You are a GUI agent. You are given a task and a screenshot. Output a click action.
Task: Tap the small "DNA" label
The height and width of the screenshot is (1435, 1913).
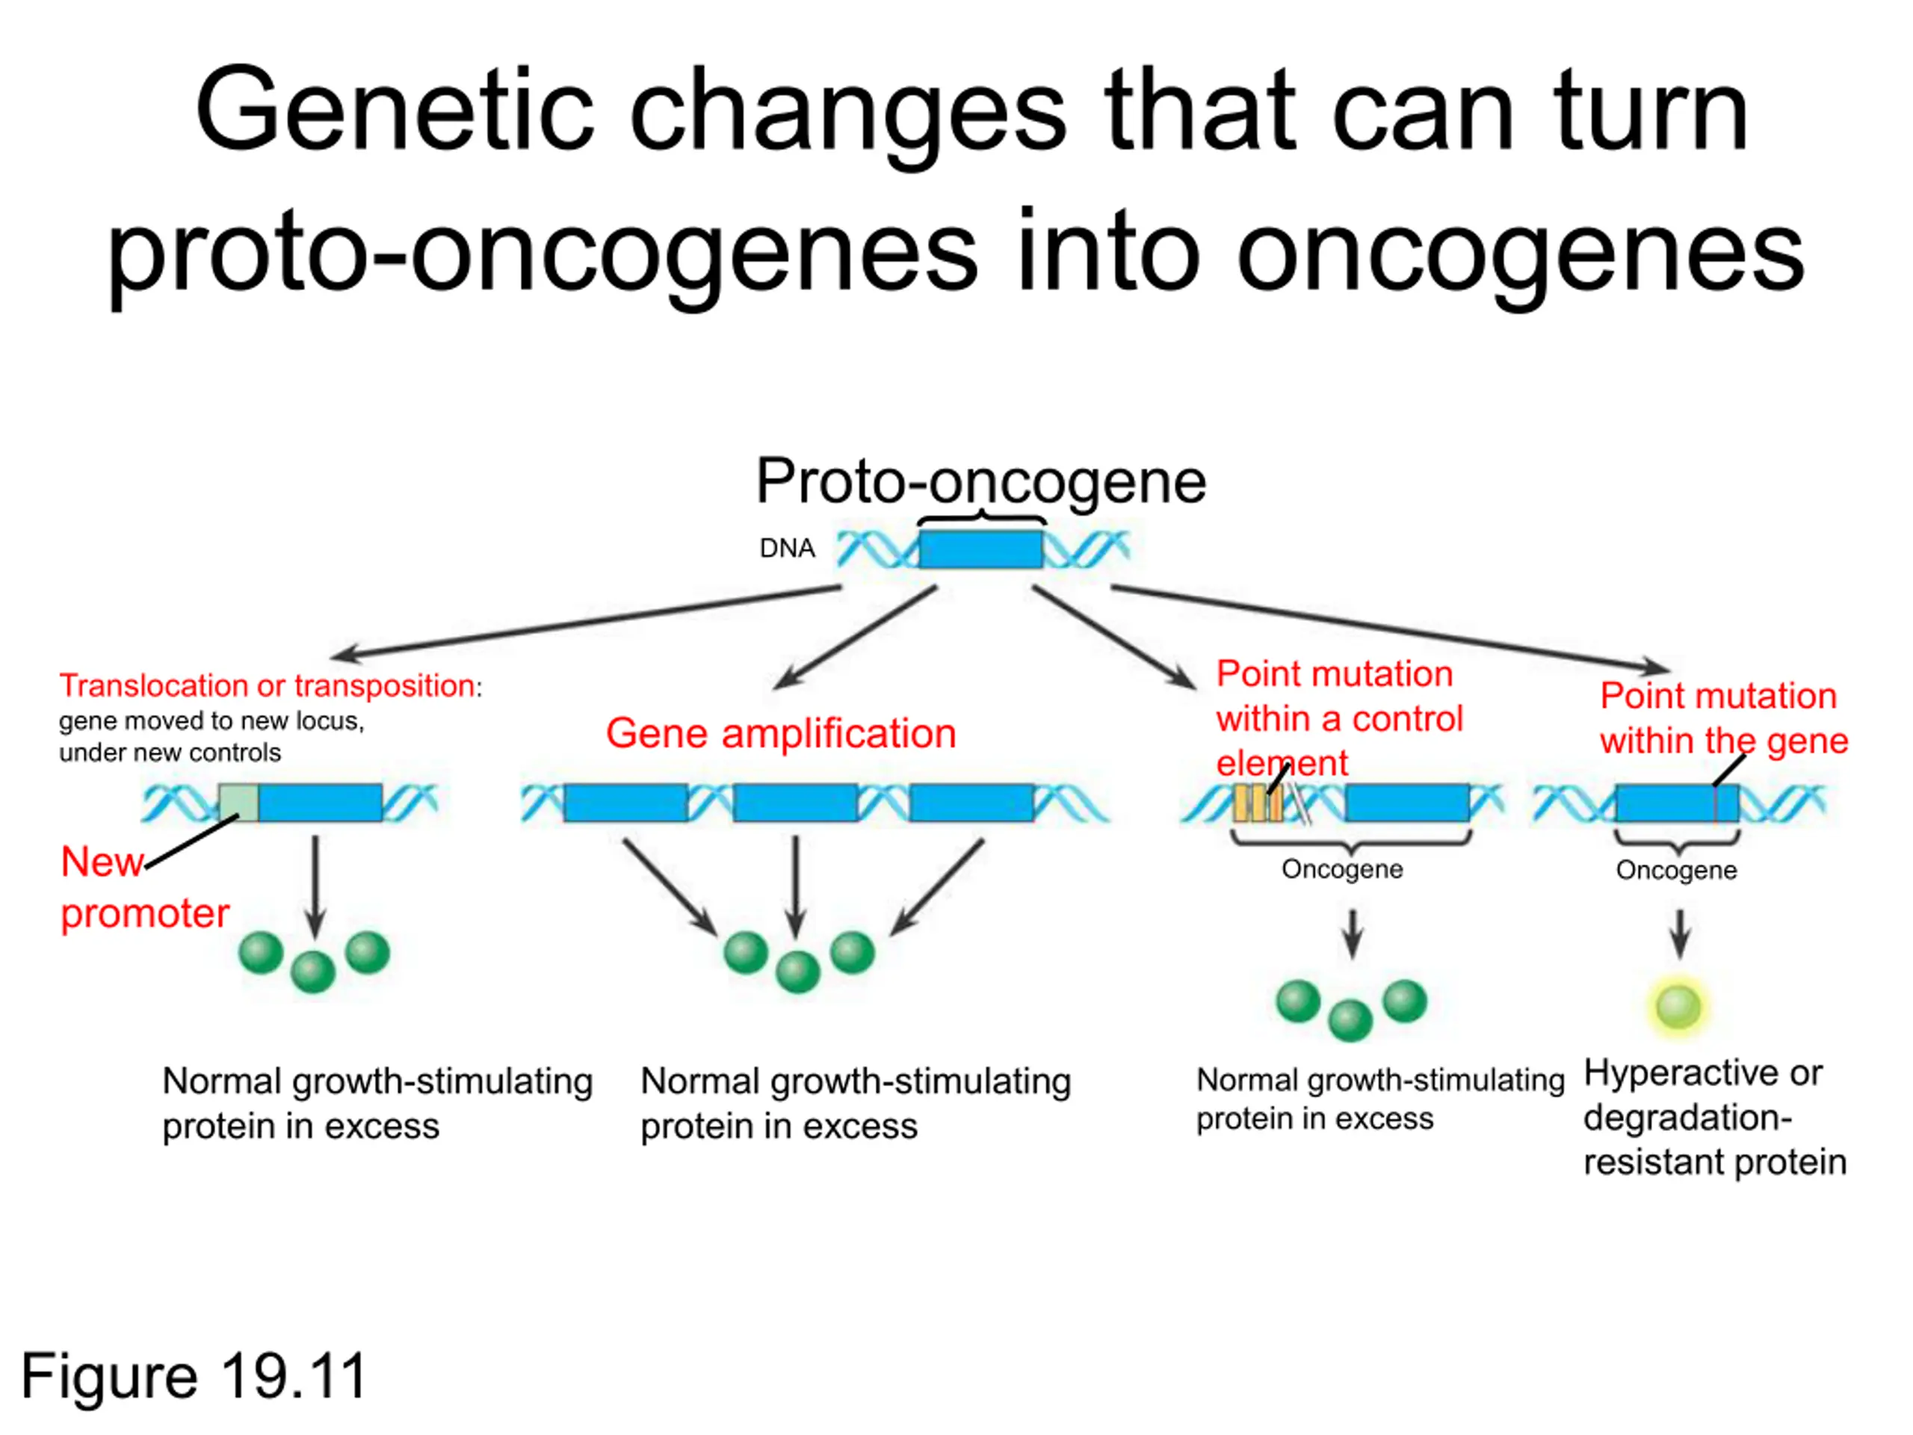(x=787, y=548)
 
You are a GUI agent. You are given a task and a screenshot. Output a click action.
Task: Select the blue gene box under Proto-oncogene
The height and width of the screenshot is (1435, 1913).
(x=980, y=549)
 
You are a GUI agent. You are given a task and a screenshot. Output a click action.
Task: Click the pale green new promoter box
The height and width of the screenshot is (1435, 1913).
(x=238, y=803)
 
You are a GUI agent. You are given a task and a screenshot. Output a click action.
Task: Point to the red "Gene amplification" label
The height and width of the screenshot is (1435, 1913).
(x=781, y=733)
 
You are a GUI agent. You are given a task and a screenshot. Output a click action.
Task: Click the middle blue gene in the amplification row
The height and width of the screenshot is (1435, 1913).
(x=796, y=803)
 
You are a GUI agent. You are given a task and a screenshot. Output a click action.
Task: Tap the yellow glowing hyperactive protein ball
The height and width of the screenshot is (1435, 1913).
(x=1678, y=1006)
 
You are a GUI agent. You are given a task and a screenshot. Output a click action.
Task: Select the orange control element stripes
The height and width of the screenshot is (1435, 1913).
(x=1258, y=803)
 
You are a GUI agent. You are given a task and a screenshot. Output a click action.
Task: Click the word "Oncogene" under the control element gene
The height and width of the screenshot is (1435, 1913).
(x=1342, y=868)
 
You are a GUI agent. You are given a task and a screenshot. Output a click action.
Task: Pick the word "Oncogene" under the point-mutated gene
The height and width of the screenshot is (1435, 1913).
(x=1676, y=869)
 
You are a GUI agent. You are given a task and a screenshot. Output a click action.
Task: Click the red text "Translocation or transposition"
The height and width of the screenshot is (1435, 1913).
(x=268, y=685)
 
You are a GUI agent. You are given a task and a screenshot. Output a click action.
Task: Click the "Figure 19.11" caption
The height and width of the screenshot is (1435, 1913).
(x=194, y=1375)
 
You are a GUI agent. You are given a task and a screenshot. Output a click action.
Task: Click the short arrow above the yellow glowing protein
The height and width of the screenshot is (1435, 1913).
(x=1680, y=933)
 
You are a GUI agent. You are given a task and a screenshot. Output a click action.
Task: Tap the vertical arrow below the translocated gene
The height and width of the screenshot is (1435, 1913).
(x=315, y=886)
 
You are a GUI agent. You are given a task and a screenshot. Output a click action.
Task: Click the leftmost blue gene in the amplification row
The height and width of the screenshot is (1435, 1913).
(x=626, y=803)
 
